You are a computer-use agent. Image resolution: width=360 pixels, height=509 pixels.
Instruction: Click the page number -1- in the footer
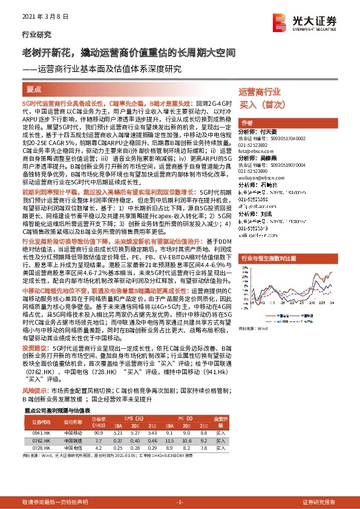tap(180, 502)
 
